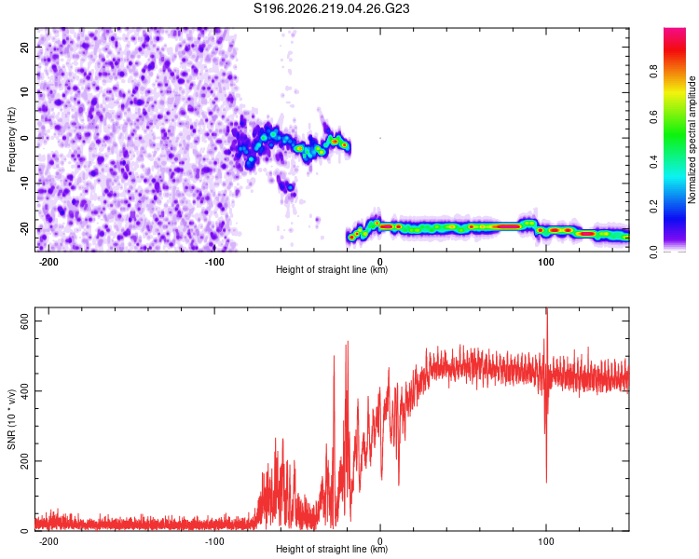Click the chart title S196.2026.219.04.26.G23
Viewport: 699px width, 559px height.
pyautogui.click(x=331, y=8)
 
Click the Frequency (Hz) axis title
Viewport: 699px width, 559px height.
pyautogui.click(x=11, y=139)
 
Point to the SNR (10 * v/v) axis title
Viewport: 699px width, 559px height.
pyautogui.click(x=11, y=419)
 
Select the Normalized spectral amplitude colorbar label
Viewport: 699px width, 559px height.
pyautogui.click(x=692, y=140)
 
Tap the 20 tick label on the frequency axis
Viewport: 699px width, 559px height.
pyautogui.click(x=24, y=48)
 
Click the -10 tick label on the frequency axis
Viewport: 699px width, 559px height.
pyautogui.click(x=24, y=184)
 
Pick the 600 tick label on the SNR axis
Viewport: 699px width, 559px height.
pyautogui.click(x=24, y=320)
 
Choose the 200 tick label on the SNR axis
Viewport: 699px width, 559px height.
pyautogui.click(x=24, y=461)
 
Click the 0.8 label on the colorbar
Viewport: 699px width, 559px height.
pyautogui.click(x=653, y=71)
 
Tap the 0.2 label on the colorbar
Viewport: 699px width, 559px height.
pyautogui.click(x=653, y=207)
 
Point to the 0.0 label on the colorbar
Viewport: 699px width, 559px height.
pyautogui.click(x=653, y=252)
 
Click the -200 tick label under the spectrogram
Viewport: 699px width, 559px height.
pyautogui.click(x=48, y=262)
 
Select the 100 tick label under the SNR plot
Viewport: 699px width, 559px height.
pyautogui.click(x=545, y=541)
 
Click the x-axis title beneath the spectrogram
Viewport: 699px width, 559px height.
pyautogui.click(x=332, y=269)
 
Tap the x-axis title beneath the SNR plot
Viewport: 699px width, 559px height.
pyautogui.click(x=332, y=549)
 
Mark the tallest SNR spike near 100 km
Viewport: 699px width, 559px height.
pyautogui.click(x=547, y=308)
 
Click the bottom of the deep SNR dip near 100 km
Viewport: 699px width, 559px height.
pyautogui.click(x=546, y=483)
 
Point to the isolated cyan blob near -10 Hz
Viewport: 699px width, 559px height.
pyautogui.click(x=290, y=187)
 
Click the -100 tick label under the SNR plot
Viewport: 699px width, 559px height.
pyautogui.click(x=214, y=541)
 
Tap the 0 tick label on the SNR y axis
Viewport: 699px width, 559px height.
pyautogui.click(x=24, y=531)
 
